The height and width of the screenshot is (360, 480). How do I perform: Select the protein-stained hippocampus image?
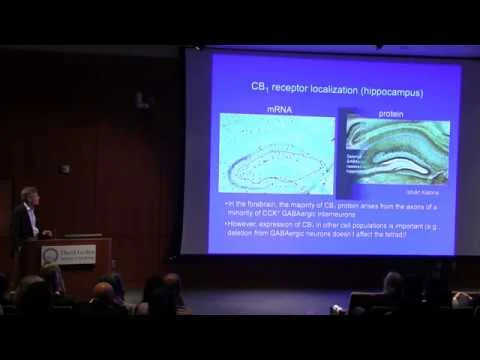[395, 150]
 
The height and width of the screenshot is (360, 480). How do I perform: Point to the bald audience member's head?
[103, 291]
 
